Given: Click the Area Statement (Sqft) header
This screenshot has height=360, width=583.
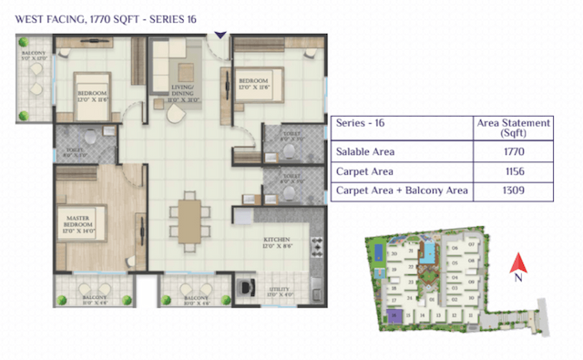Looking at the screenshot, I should [x=514, y=127].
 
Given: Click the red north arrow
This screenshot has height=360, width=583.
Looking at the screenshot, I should [x=516, y=261].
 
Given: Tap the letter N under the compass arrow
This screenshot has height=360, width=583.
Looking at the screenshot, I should [x=516, y=274].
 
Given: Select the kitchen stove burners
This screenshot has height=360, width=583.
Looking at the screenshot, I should [x=317, y=248].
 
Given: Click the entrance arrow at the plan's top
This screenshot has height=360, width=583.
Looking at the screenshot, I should [x=220, y=35].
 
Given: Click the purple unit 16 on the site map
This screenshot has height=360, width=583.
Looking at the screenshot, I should [x=394, y=316].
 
